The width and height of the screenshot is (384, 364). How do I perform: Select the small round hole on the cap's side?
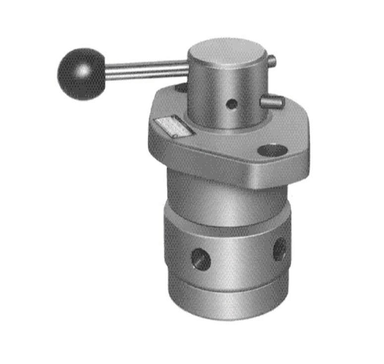[231, 104]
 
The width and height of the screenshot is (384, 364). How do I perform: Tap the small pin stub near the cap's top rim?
[271, 61]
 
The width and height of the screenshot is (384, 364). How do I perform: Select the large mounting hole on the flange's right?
[273, 150]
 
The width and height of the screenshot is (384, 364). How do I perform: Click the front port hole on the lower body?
[202, 258]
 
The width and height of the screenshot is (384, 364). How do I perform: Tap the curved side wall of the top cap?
[208, 99]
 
